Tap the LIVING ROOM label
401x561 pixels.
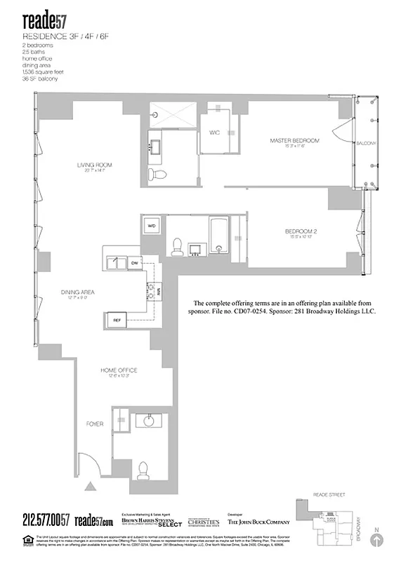(x=95, y=165)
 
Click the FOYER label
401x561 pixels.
(x=95, y=424)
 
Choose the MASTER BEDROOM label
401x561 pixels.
(x=294, y=141)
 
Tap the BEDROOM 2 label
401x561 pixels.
(x=301, y=231)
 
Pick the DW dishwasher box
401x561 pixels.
(x=135, y=262)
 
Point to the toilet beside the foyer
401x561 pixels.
(x=145, y=469)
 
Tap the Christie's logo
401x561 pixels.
(x=202, y=522)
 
